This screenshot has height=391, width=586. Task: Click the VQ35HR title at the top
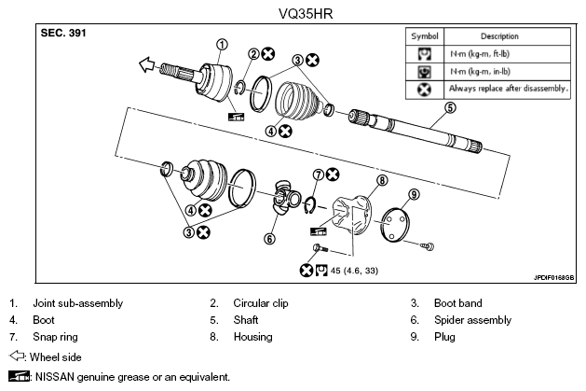[x=306, y=14]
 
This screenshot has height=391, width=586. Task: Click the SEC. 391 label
[x=63, y=33]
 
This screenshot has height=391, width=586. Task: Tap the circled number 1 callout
[x=222, y=45]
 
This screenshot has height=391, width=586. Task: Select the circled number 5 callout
[x=450, y=107]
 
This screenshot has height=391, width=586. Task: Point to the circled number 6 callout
[x=269, y=238]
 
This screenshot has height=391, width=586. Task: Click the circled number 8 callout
[x=382, y=180]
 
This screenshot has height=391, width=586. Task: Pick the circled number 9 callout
[x=414, y=194]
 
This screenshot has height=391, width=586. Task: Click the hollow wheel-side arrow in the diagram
[x=146, y=64]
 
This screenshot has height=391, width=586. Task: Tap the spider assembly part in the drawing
[x=287, y=197]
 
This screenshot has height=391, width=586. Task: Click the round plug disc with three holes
[x=395, y=225]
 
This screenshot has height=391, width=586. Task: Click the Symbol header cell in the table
[x=425, y=36]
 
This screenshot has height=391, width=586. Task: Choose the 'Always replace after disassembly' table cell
[x=508, y=89]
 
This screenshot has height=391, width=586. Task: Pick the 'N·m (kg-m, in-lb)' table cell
[x=508, y=72]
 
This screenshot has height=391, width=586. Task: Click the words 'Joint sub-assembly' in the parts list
[x=77, y=303]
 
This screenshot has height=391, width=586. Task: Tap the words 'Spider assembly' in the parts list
[x=472, y=320]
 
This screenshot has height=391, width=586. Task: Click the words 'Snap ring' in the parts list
[x=55, y=337]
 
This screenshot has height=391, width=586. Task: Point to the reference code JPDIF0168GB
[x=554, y=278]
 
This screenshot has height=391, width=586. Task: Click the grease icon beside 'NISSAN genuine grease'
[x=19, y=376]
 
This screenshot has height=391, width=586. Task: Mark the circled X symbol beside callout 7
[x=333, y=175]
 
